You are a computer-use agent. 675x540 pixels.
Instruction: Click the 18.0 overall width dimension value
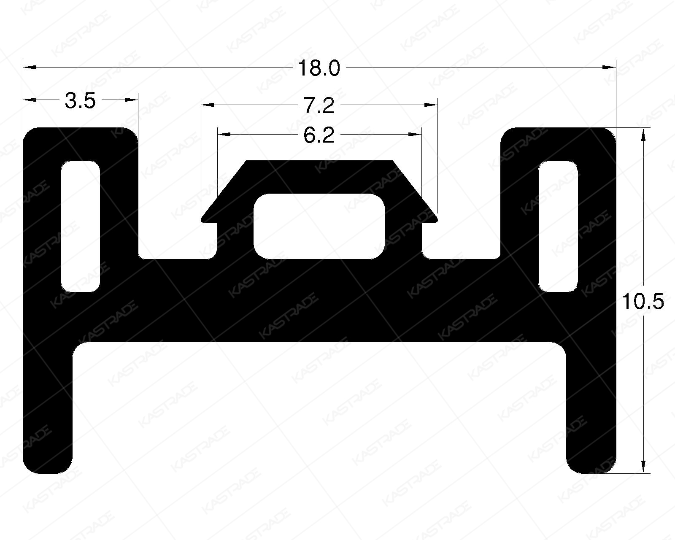(x=319, y=68)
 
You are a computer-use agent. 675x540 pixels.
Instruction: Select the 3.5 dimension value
(x=81, y=102)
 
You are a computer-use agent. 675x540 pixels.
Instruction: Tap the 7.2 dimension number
(x=319, y=105)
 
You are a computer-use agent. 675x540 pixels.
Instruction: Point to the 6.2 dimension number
(x=319, y=135)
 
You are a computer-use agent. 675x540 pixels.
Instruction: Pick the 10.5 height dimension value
(x=643, y=302)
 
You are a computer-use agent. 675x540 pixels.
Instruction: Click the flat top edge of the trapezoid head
(x=319, y=161)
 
